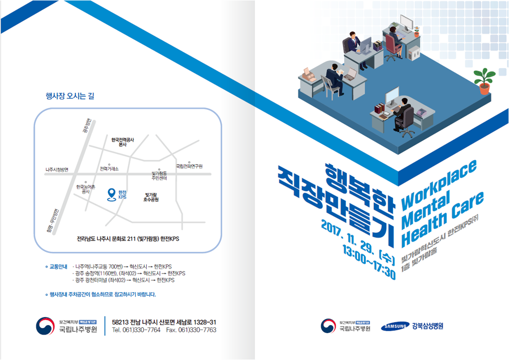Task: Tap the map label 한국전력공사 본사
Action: (x=123, y=142)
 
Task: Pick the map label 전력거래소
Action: (x=109, y=169)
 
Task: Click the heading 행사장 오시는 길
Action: (x=70, y=96)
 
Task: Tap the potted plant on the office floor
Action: (x=484, y=81)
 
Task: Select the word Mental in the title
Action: (x=426, y=211)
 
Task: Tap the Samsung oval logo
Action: (x=395, y=327)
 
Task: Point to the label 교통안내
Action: (x=58, y=267)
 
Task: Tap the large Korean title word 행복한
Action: (x=357, y=185)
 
